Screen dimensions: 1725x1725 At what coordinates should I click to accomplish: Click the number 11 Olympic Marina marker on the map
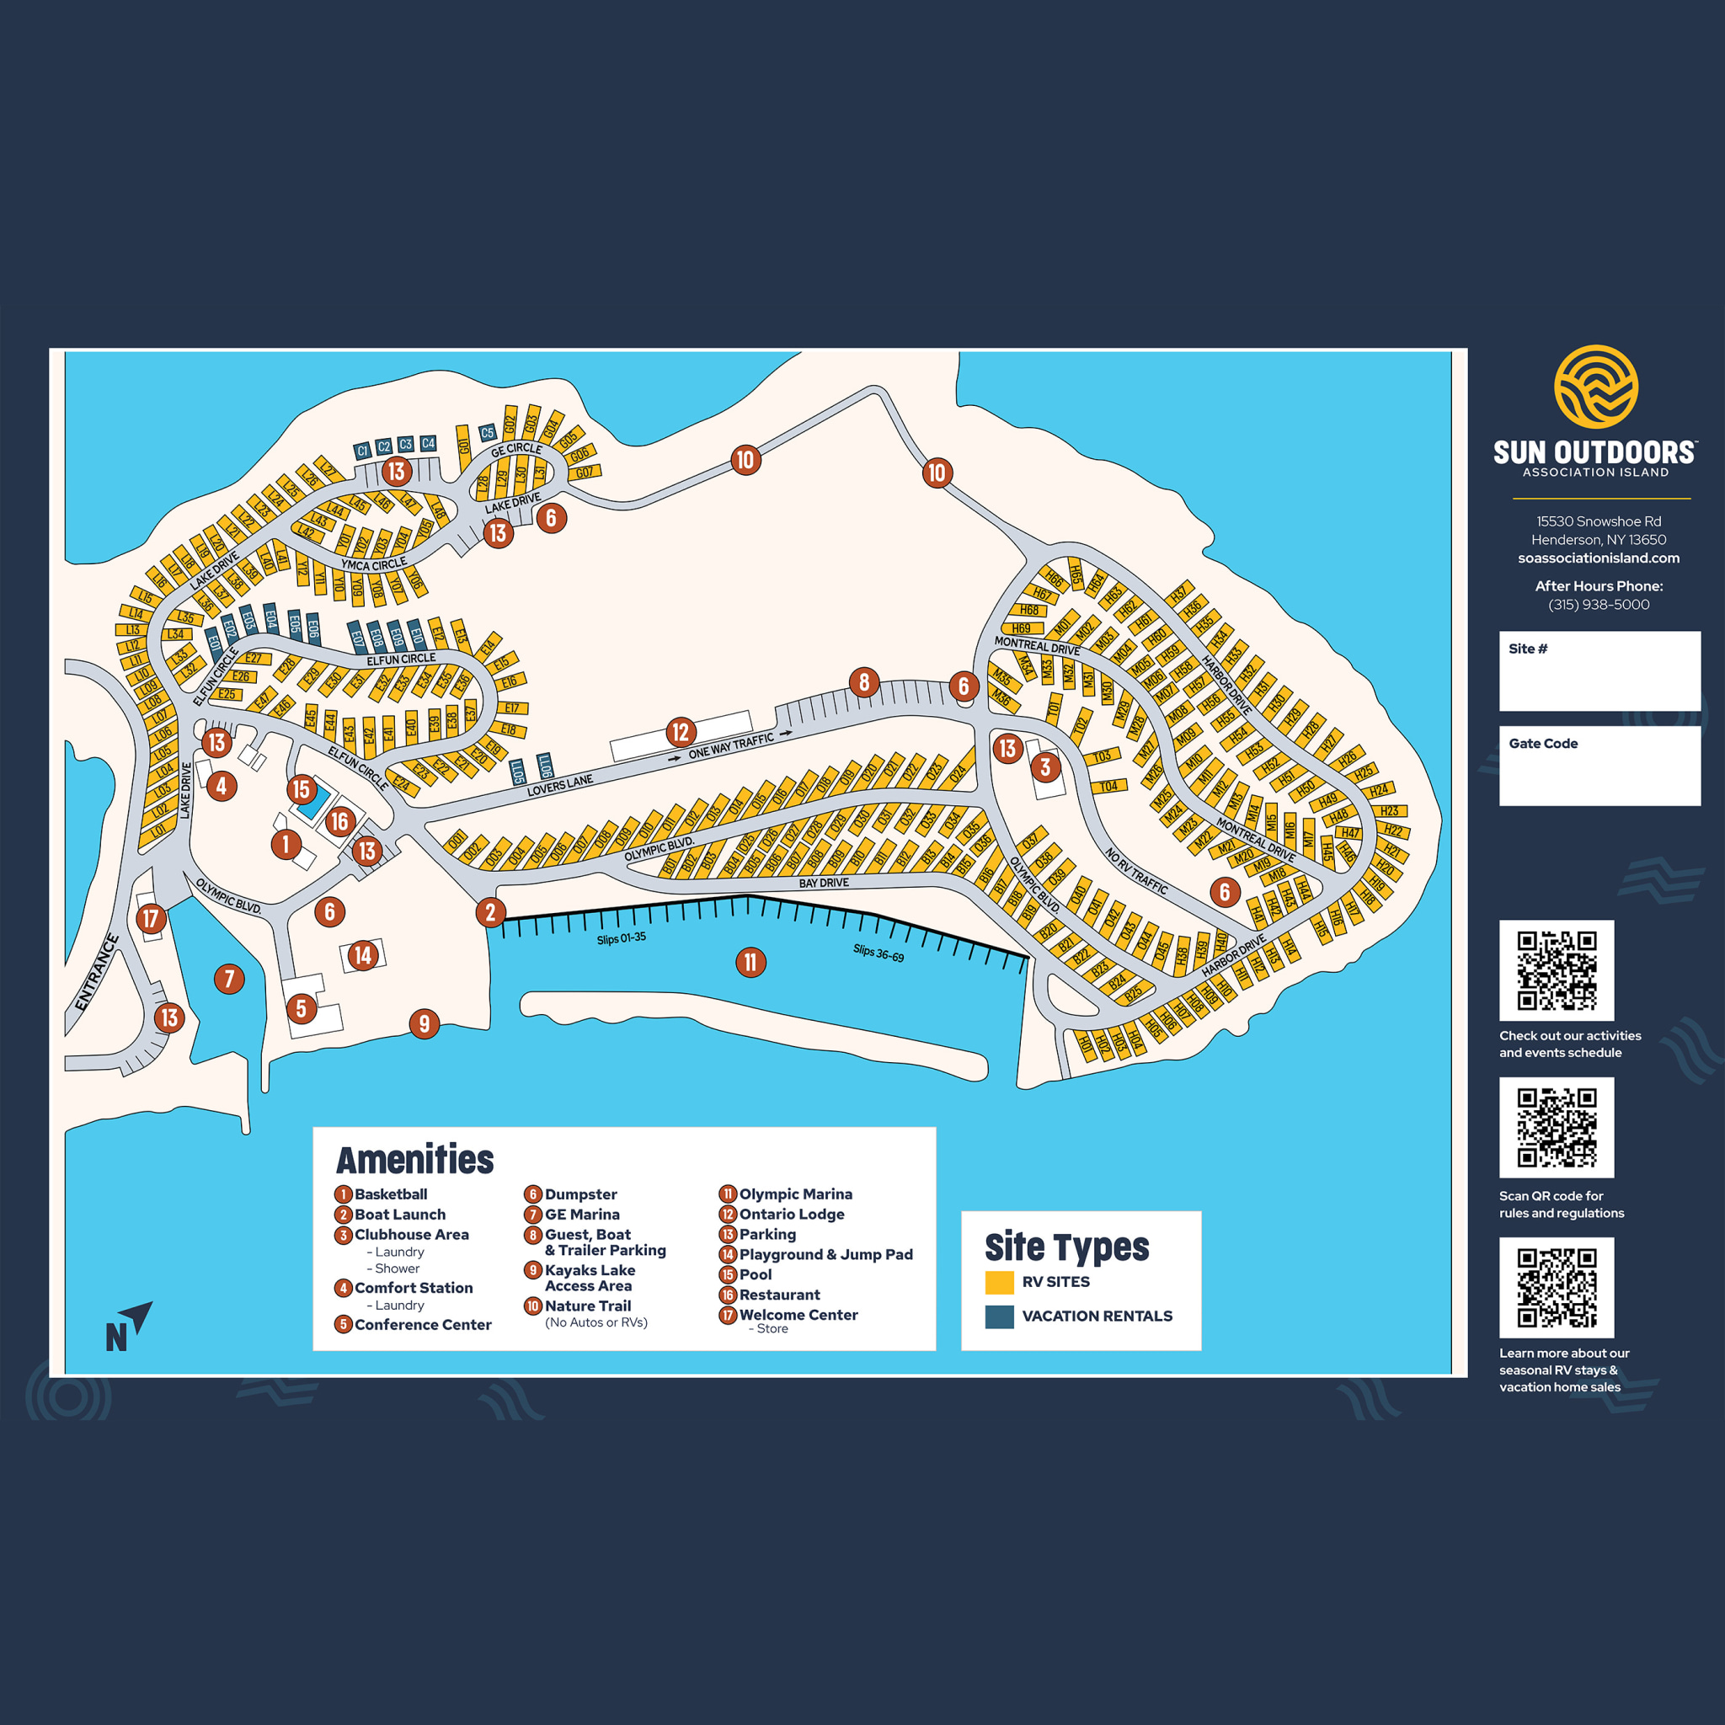coord(750,962)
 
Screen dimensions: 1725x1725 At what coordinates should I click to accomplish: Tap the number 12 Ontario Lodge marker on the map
coord(681,732)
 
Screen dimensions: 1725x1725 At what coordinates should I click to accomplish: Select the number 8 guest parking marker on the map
coord(863,682)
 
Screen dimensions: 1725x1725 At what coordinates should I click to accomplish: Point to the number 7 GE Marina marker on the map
coord(229,979)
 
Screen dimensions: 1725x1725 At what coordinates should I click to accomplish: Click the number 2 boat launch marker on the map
coord(490,911)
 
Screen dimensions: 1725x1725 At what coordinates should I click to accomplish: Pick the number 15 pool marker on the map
coord(301,789)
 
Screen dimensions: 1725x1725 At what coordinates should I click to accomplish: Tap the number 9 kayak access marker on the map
coord(425,1023)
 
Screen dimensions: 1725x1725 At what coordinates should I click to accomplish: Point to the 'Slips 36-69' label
coord(878,953)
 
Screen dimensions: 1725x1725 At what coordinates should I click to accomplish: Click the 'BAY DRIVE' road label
coord(823,882)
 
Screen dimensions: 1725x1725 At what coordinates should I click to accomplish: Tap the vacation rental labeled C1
coord(361,451)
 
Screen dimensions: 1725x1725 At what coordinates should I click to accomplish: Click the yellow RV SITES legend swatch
coord(999,1282)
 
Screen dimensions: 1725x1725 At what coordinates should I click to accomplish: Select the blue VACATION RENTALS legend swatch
coord(999,1316)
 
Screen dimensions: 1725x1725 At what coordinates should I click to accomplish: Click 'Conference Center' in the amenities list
coord(422,1324)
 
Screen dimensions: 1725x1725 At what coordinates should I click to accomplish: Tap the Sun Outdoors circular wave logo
coord(1595,387)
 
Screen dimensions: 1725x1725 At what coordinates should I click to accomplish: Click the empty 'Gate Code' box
coord(1599,773)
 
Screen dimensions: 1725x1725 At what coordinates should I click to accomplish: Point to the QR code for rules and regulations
coord(1557,1127)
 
